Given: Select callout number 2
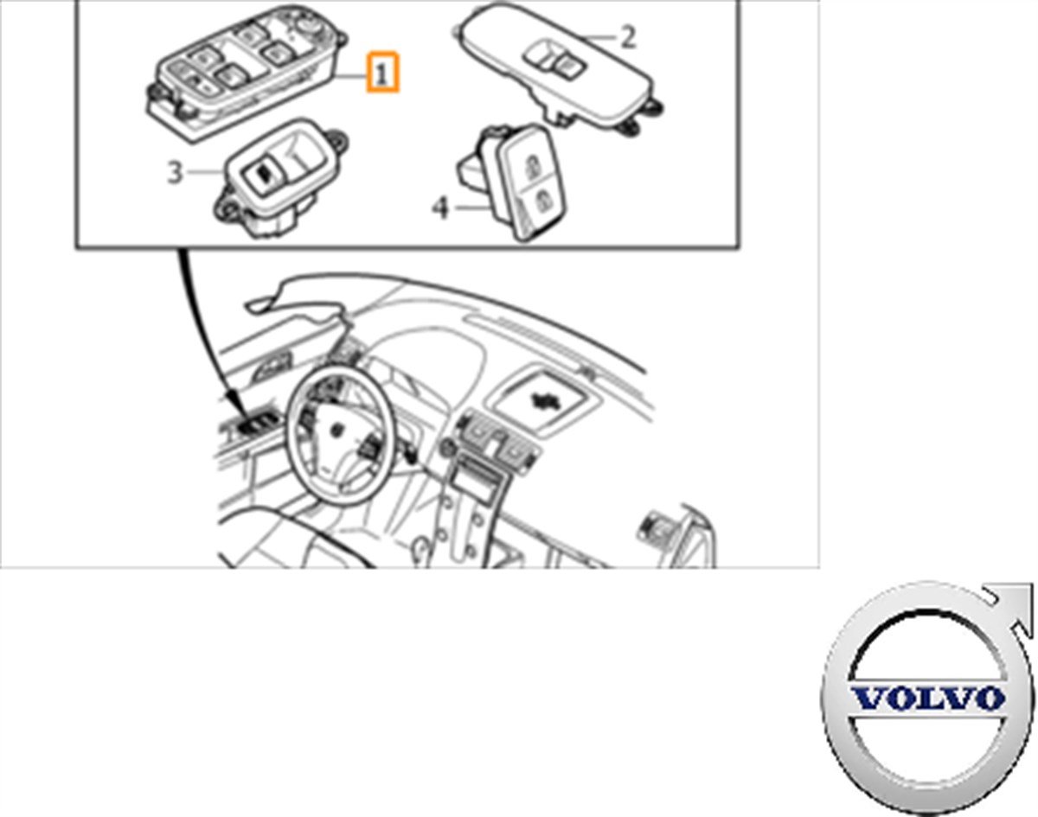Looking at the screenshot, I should tap(628, 37).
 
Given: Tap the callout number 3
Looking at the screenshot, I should tap(176, 173).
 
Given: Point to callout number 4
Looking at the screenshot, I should tap(441, 208).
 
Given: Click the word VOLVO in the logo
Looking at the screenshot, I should tap(927, 698).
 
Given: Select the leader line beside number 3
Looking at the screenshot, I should tap(206, 173).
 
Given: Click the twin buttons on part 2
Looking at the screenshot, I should tap(557, 61).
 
